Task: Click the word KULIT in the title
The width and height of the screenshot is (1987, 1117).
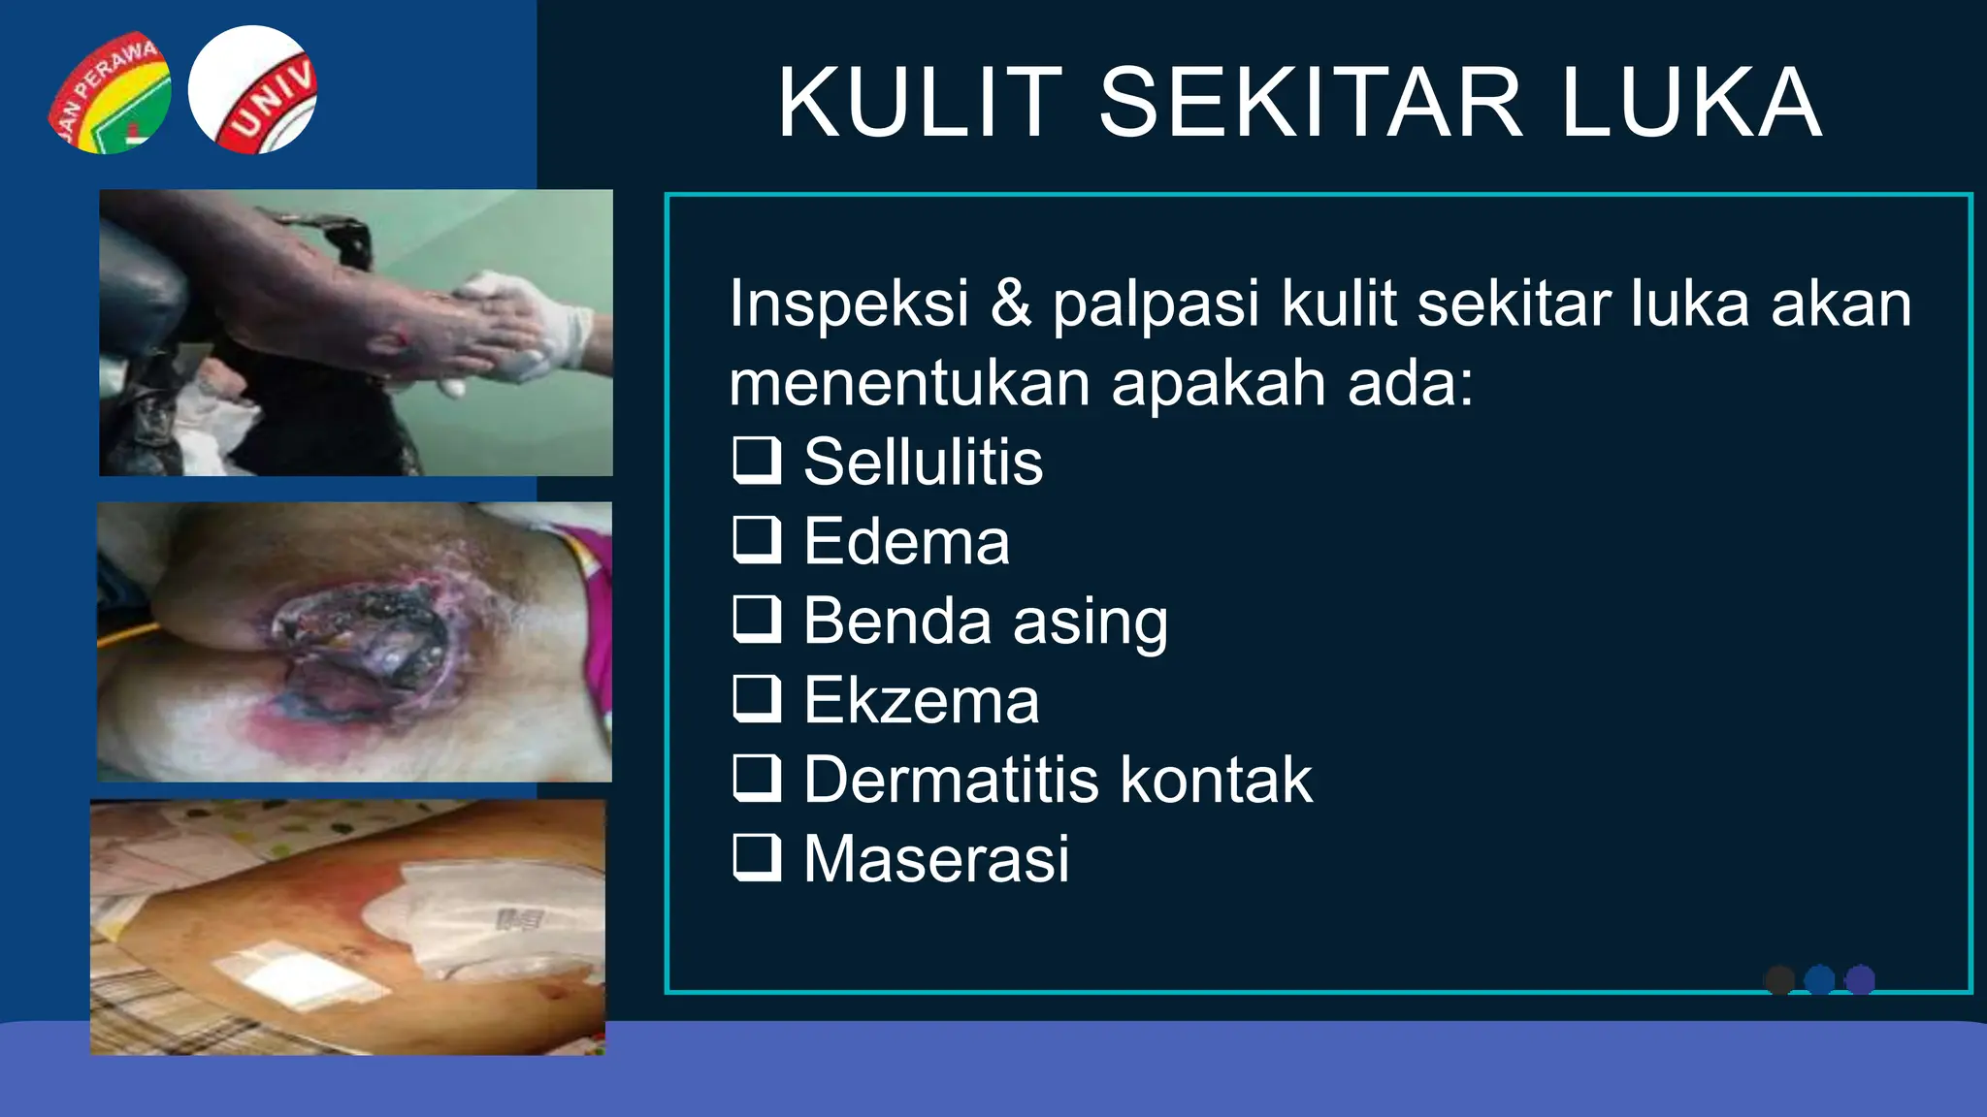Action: tap(920, 103)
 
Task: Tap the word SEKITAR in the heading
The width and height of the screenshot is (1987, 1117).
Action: tap(1311, 103)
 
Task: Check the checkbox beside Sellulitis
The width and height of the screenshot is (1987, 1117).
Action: tap(757, 461)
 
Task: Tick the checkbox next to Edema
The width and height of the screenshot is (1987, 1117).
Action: tap(757, 540)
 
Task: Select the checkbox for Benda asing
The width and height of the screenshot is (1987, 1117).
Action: tap(757, 620)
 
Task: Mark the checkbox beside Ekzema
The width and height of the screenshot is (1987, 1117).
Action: tap(757, 699)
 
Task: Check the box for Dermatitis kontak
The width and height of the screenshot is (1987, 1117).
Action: tap(757, 779)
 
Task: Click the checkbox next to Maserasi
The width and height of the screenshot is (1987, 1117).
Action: tap(757, 858)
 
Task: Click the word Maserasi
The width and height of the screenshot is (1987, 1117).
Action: tap(936, 859)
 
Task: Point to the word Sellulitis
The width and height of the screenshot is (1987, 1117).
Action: tap(923, 462)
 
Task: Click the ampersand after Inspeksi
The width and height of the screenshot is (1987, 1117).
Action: tap(1011, 303)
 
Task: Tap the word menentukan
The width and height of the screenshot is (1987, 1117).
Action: tap(910, 383)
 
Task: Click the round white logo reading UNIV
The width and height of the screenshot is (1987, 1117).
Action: tap(252, 90)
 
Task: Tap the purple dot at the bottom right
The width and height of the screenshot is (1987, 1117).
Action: tap(1860, 980)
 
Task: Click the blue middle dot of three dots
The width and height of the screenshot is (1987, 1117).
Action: tap(1819, 980)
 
